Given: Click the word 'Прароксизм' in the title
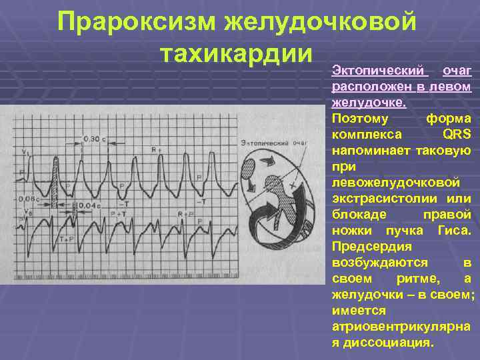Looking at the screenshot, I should pos(136,21).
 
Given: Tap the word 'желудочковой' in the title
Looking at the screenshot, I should pos(321,21).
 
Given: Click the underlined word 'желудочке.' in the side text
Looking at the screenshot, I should pos(368,102).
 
